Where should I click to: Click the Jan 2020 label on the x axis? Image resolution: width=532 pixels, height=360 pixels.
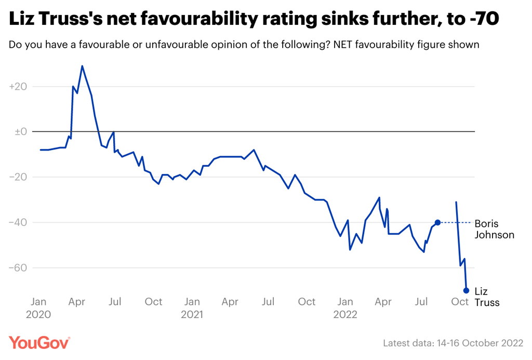[39, 308]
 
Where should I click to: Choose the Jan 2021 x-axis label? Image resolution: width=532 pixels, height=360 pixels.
[192, 308]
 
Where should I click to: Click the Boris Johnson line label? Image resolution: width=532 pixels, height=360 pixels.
[494, 229]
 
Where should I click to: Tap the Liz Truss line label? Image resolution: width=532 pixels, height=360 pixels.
[487, 297]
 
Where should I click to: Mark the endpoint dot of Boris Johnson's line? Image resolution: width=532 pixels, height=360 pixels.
[437, 222]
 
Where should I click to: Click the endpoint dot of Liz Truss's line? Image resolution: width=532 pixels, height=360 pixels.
[466, 290]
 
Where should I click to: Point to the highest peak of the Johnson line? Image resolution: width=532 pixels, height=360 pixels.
[82, 66]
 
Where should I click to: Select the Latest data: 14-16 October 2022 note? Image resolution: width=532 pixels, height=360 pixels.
[453, 343]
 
